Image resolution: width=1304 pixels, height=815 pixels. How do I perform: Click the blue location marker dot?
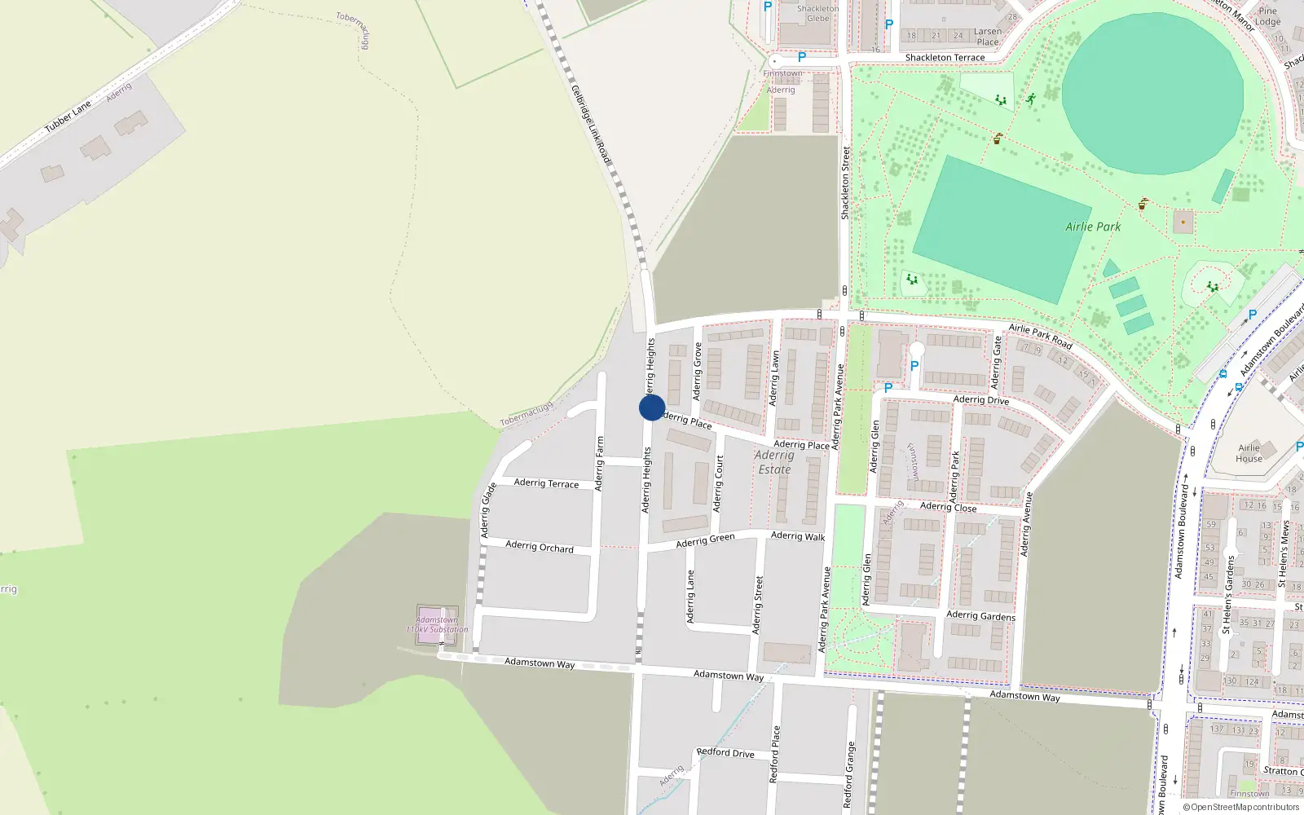click(652, 407)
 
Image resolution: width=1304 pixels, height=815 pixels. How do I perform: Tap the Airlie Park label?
click(1093, 227)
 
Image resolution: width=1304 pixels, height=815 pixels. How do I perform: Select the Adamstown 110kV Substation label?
click(438, 625)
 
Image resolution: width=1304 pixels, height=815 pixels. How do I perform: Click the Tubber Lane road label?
click(68, 117)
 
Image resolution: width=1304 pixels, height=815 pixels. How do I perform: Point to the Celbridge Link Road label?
click(590, 125)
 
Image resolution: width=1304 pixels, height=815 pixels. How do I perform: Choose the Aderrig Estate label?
click(774, 462)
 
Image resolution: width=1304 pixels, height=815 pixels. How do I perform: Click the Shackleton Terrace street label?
click(945, 58)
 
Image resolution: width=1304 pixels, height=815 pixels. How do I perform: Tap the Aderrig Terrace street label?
click(546, 483)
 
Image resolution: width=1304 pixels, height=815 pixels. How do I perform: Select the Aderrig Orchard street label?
click(539, 546)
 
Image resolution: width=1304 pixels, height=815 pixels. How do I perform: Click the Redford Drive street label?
click(725, 752)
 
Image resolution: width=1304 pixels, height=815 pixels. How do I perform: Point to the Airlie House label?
click(1249, 453)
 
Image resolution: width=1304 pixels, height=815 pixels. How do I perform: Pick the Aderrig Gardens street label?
click(980, 615)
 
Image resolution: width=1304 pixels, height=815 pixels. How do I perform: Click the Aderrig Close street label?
click(948, 507)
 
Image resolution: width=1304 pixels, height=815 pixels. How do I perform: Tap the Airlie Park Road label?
click(1041, 336)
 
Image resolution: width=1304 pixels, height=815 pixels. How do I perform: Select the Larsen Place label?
click(988, 37)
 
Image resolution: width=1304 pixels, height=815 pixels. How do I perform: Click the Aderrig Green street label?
click(705, 540)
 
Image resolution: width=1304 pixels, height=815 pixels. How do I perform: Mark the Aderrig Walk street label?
click(798, 535)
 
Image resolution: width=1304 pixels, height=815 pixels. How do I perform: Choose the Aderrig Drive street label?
click(981, 399)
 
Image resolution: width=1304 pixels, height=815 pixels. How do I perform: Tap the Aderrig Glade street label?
click(487, 510)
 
